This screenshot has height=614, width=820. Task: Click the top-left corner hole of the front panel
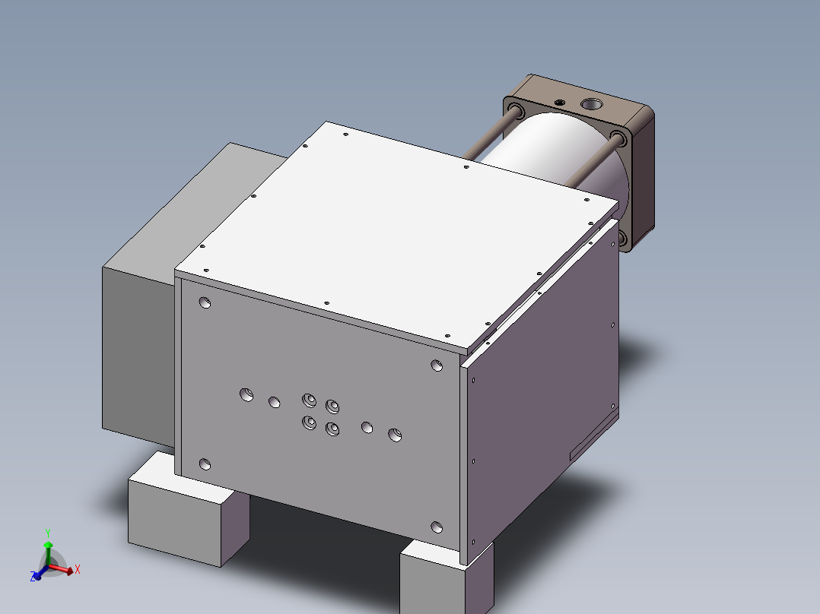[x=205, y=303]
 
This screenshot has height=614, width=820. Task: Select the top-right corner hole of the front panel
[x=437, y=366]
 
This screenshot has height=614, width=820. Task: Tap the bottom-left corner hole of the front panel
[x=204, y=464]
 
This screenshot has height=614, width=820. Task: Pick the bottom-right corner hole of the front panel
[x=437, y=527]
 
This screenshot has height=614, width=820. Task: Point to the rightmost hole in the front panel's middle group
[x=395, y=435]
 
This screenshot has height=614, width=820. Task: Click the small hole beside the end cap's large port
[x=561, y=102]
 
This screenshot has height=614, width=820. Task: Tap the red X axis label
[x=78, y=568]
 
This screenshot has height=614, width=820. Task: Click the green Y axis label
[x=47, y=533]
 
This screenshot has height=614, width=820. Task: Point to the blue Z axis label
[x=33, y=578]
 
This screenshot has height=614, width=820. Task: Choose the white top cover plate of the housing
[x=396, y=228]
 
